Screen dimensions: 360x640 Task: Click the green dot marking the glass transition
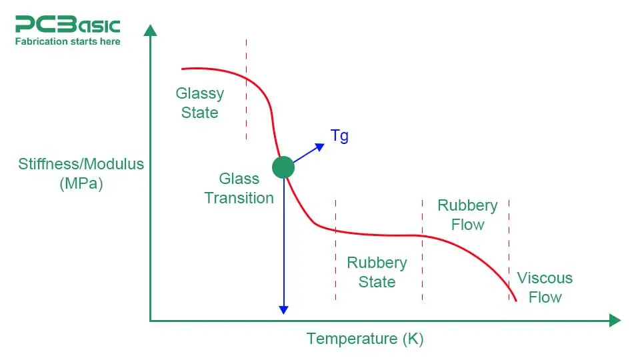283,167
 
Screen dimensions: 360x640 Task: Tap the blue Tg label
339,137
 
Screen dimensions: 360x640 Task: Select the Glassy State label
200,103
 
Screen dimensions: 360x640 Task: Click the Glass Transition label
239,188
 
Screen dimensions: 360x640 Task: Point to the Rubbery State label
377,272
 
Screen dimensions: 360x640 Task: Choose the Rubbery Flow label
467,215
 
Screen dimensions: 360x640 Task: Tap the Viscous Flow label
545,287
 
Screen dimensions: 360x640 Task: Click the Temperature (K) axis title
365,339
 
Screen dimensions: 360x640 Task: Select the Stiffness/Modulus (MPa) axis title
81,173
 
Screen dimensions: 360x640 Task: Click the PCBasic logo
67,25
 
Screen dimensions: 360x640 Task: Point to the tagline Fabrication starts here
67,41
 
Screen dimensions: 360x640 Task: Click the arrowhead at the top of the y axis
151,30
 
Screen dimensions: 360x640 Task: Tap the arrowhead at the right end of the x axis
615,321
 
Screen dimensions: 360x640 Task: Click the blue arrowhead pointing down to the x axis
283,309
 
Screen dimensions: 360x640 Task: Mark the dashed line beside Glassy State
246,87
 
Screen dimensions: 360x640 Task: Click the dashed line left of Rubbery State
335,250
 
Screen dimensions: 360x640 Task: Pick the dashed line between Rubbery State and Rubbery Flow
422,250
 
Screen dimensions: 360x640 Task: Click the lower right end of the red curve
516,301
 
